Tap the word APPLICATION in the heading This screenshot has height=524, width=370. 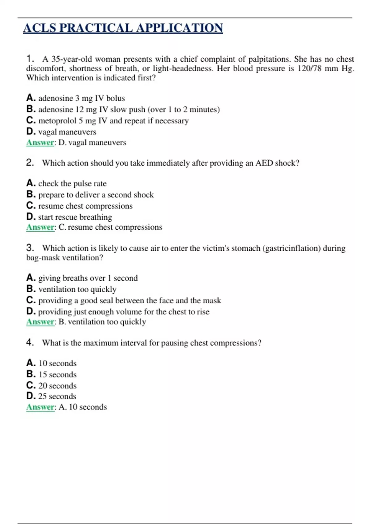[179, 28]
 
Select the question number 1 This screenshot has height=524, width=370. [30, 59]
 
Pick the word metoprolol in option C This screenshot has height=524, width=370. [57, 121]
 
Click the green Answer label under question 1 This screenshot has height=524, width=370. [40, 143]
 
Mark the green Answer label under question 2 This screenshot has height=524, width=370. [40, 227]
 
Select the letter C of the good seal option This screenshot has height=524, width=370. [31, 300]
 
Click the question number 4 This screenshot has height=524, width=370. [30, 342]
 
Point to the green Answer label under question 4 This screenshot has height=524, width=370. [40, 407]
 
